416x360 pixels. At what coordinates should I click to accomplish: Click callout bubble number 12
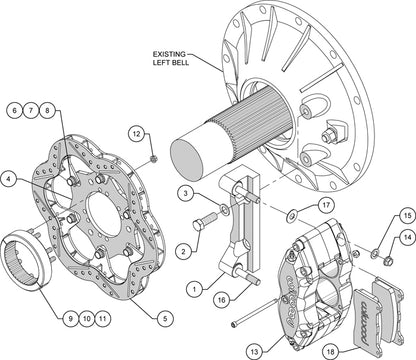point(137,134)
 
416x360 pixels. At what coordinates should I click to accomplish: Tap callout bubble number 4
point(9,180)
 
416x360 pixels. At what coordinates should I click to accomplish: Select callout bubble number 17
point(325,205)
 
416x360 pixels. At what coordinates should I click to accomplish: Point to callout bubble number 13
point(254,351)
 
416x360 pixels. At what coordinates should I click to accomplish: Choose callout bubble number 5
point(165,318)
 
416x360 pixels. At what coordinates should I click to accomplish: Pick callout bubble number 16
point(222,300)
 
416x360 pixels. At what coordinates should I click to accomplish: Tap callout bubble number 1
point(195,289)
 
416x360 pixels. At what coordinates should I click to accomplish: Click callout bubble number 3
point(186,193)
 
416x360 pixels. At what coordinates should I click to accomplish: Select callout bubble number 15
point(407,216)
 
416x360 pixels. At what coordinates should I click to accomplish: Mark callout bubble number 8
point(47,110)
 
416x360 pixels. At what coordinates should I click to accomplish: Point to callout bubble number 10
point(86,318)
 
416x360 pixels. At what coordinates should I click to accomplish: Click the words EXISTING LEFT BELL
point(170,58)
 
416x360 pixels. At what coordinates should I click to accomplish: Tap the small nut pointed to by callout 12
point(154,159)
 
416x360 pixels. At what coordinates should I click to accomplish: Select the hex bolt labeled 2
point(204,222)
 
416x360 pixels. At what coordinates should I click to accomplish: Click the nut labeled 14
point(388,260)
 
